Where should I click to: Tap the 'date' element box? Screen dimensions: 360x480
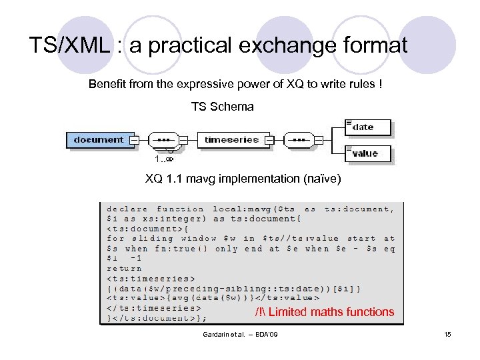coord(366,127)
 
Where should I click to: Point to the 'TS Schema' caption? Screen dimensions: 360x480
coord(223,107)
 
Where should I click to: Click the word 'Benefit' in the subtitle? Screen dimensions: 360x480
coord(106,85)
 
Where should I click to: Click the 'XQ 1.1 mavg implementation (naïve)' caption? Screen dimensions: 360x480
coord(243,178)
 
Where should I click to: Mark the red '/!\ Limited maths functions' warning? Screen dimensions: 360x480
coord(325,312)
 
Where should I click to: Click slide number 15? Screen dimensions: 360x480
coord(447,333)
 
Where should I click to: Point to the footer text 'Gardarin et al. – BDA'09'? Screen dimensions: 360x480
coord(240,333)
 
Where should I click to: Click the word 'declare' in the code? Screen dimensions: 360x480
coord(127,209)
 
